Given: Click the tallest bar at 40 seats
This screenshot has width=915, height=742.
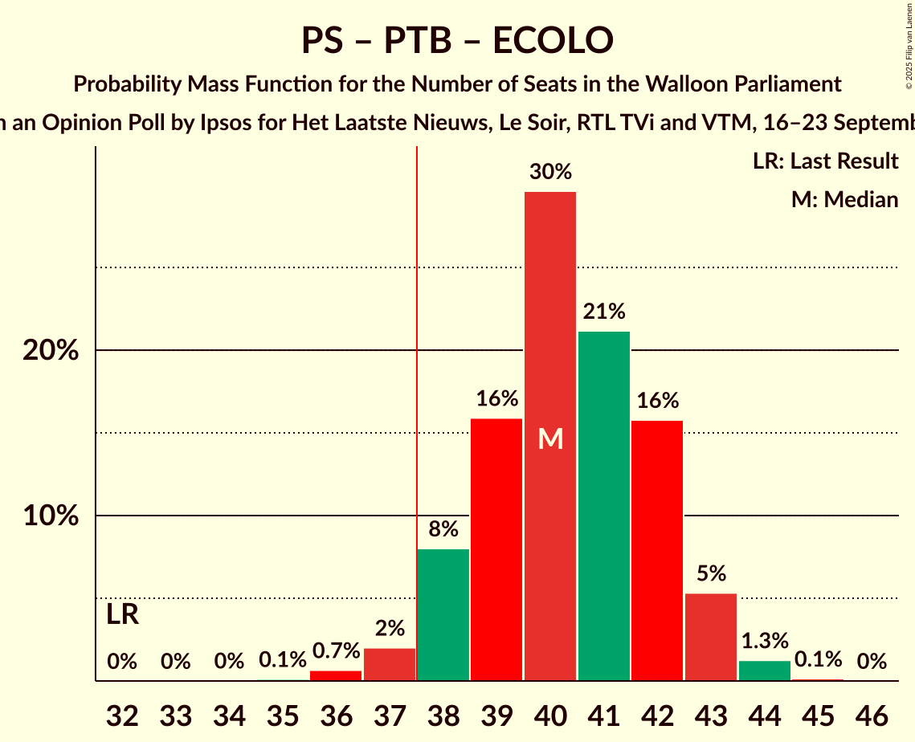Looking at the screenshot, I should pyautogui.click(x=550, y=321).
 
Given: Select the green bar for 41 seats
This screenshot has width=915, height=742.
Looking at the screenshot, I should pyautogui.click(x=604, y=506).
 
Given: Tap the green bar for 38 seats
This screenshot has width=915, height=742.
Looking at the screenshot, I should pyautogui.click(x=443, y=615).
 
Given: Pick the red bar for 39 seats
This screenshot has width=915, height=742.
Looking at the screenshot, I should pyautogui.click(x=496, y=550).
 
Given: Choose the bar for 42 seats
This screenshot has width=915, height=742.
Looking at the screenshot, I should pyautogui.click(x=657, y=551).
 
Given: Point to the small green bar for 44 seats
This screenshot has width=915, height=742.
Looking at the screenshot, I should pyautogui.click(x=765, y=671).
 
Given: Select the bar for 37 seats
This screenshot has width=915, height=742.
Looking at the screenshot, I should pyautogui.click(x=390, y=664).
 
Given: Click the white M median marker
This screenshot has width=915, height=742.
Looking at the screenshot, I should pyautogui.click(x=550, y=438).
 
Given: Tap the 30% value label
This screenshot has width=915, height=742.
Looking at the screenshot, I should pyautogui.click(x=550, y=171).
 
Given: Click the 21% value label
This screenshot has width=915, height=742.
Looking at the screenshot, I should pyautogui.click(x=604, y=311).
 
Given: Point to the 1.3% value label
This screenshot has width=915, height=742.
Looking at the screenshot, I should pyautogui.click(x=765, y=641).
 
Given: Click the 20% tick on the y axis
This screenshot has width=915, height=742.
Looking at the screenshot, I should pyautogui.click(x=51, y=351).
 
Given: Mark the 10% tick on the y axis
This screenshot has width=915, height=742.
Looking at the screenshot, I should pyautogui.click(x=51, y=516).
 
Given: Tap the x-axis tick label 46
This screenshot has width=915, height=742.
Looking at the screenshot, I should pyautogui.click(x=872, y=714).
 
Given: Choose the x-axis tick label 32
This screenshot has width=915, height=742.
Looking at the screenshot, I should pyautogui.click(x=122, y=714).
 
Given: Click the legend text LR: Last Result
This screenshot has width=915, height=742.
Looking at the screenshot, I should pyautogui.click(x=825, y=161).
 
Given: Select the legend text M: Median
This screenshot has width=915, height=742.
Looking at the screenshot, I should pyautogui.click(x=844, y=199).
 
